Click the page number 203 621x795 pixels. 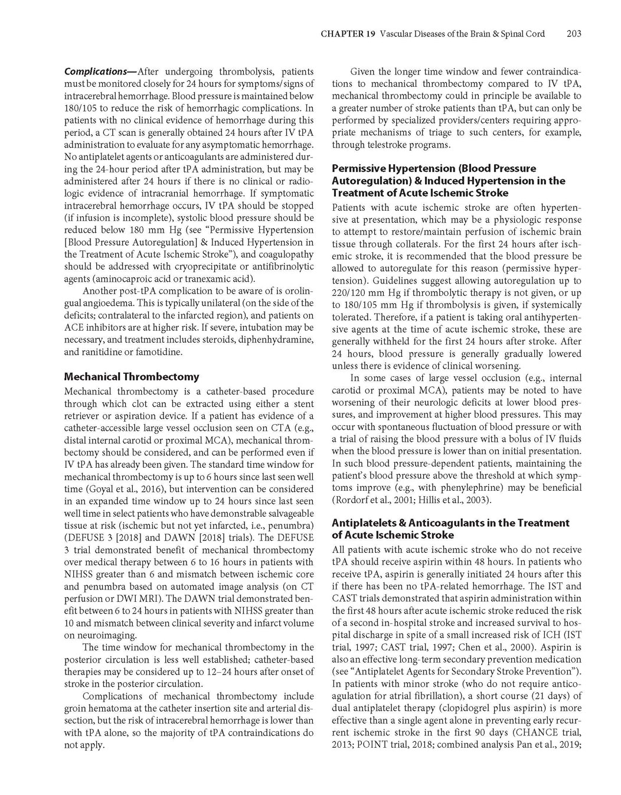573,34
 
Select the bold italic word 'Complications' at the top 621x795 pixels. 99,71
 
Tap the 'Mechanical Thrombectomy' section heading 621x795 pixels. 131,376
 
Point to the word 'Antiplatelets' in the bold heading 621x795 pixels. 365,523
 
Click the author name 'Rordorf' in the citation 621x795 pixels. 351,500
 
